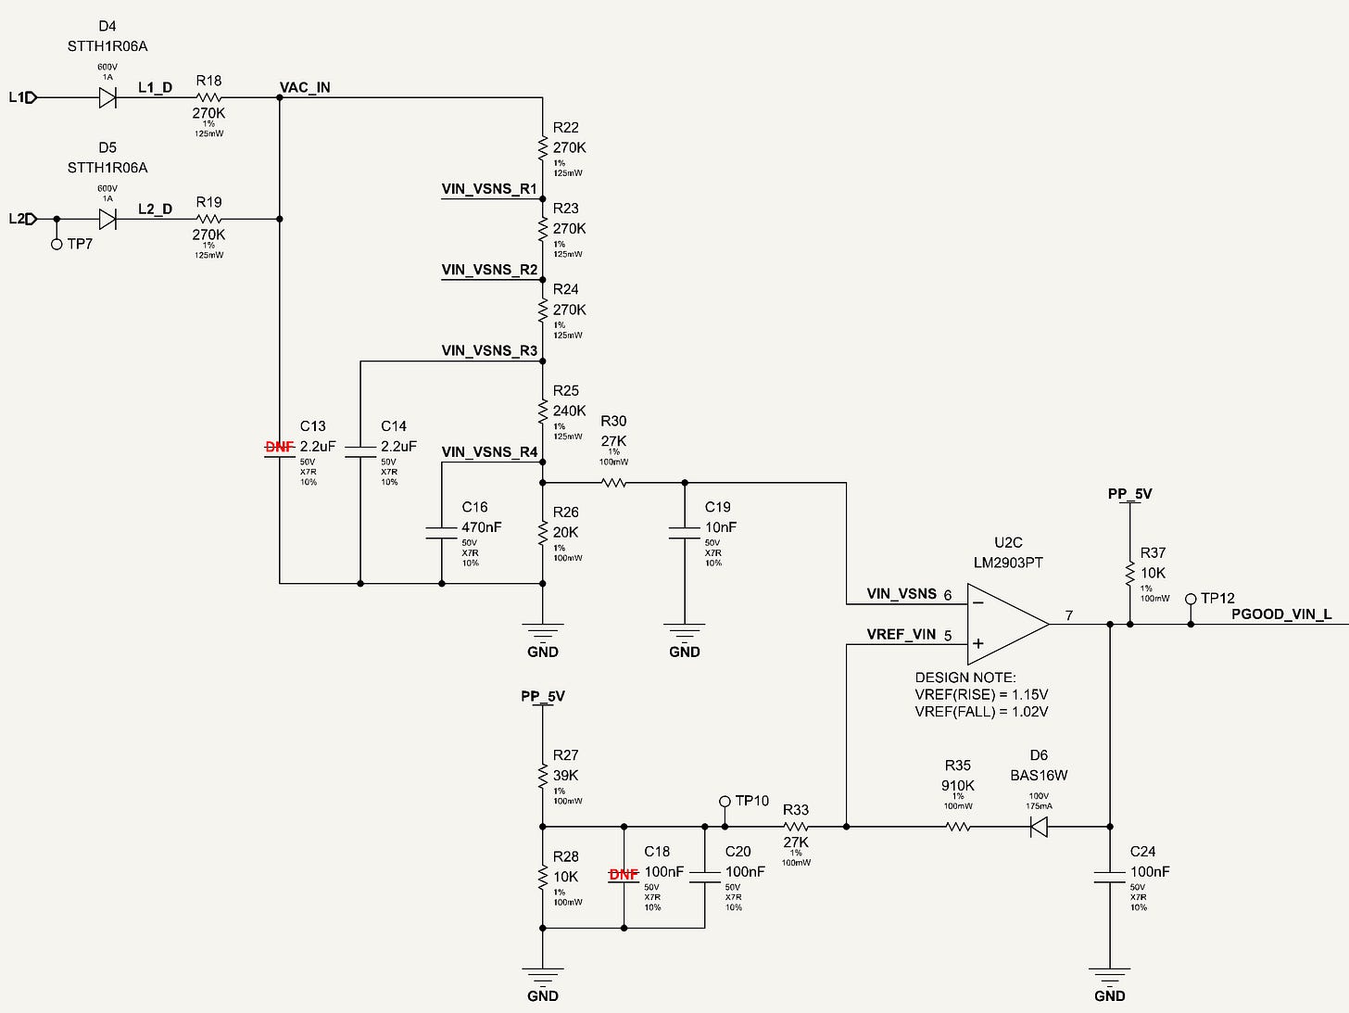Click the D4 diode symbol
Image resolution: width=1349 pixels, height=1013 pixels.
coord(107,97)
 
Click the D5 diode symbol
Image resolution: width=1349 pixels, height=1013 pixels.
coord(107,219)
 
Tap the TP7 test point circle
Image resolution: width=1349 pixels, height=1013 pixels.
coord(57,244)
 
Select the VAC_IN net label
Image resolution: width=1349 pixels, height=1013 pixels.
coord(305,87)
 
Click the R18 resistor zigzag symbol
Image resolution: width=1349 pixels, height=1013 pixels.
coord(208,97)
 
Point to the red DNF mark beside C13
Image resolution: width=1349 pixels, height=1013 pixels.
coord(280,447)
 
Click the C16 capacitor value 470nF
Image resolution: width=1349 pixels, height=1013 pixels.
coord(481,527)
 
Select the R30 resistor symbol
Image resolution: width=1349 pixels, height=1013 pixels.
coord(614,483)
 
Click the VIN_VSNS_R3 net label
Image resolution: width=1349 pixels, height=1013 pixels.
coord(489,350)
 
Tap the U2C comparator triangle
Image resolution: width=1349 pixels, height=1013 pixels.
coord(1008,624)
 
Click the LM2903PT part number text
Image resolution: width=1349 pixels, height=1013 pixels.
coord(1008,563)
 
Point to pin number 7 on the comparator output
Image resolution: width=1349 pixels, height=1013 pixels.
coord(1069,615)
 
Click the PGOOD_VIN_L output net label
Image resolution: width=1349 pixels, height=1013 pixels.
coord(1281,614)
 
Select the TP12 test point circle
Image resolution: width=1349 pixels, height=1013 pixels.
coord(1191,599)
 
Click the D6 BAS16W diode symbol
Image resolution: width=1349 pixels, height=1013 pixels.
coord(1039,827)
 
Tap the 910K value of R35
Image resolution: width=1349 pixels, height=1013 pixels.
coord(957,786)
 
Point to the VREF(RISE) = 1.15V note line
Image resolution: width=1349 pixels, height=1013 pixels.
coord(981,694)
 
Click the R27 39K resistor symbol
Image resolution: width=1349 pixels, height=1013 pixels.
coord(543,776)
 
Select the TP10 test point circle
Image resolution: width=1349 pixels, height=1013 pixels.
coord(725,802)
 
